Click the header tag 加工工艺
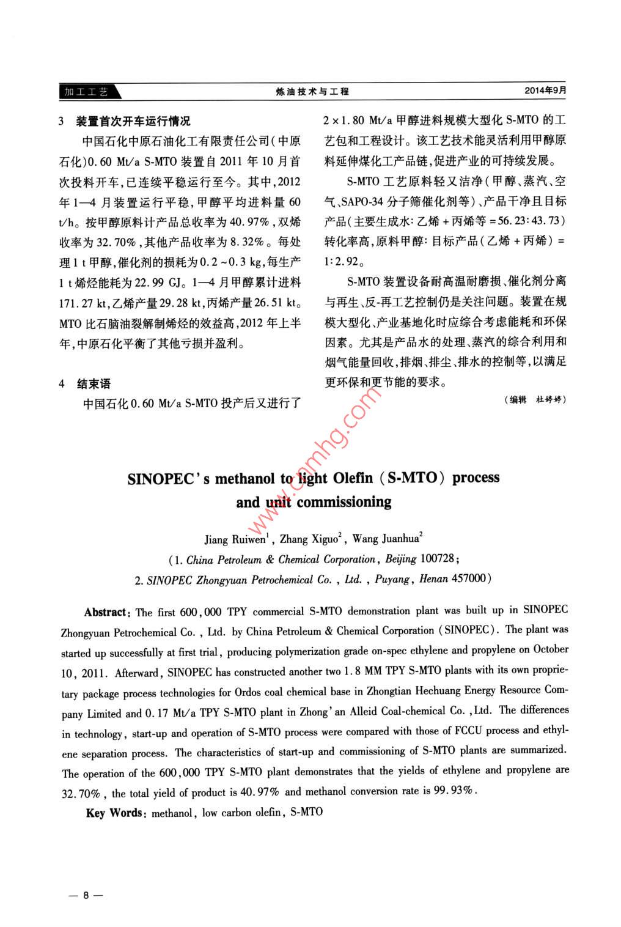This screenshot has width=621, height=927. [87, 92]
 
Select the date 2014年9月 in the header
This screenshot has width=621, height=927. [545, 90]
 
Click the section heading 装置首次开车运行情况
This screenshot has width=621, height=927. [133, 121]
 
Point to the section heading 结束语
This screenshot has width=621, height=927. [94, 383]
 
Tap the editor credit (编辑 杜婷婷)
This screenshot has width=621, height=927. [536, 399]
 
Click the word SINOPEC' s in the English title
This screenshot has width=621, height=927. [168, 479]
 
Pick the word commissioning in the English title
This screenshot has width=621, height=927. [344, 503]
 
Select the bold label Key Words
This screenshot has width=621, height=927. [114, 813]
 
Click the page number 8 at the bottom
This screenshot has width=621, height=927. [86, 895]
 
